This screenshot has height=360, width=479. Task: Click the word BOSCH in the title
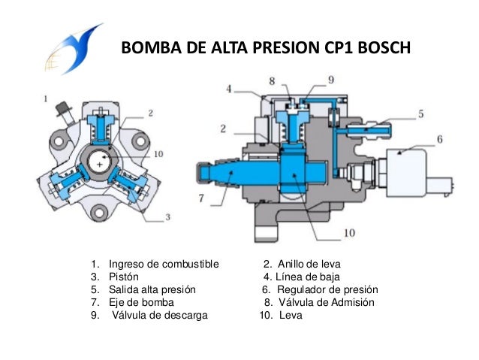click(x=380, y=50)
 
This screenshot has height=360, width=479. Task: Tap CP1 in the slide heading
click(x=327, y=50)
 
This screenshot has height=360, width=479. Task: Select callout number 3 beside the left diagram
click(x=167, y=217)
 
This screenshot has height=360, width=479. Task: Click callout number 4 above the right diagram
click(x=228, y=88)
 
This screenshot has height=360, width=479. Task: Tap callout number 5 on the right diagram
click(x=422, y=113)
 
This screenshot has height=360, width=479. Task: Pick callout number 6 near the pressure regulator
click(x=441, y=139)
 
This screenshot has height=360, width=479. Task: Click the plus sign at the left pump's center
click(x=98, y=164)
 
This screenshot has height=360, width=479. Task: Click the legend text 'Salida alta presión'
click(x=152, y=290)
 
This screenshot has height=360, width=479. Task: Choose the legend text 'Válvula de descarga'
click(x=160, y=315)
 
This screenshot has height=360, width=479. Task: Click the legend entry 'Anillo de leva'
click(x=309, y=265)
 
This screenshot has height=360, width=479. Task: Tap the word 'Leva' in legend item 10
click(x=290, y=315)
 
